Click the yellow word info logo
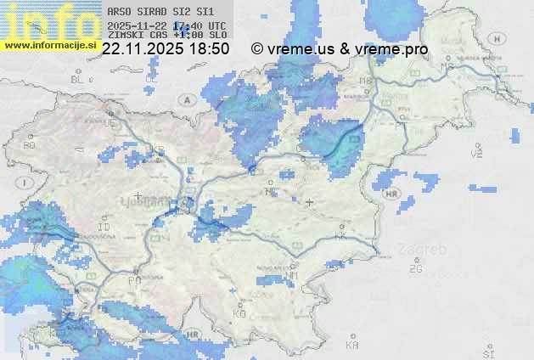tap(48, 21)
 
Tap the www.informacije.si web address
tap(49, 45)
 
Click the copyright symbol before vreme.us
tap(257, 49)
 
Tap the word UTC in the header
tap(216, 25)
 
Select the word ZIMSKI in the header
tap(126, 35)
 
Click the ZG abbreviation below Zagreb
tap(415, 268)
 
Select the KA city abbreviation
tap(352, 345)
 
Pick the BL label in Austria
tap(78, 79)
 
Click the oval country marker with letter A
tap(186, 99)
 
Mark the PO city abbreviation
tap(134, 280)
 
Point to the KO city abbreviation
tap(239, 313)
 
